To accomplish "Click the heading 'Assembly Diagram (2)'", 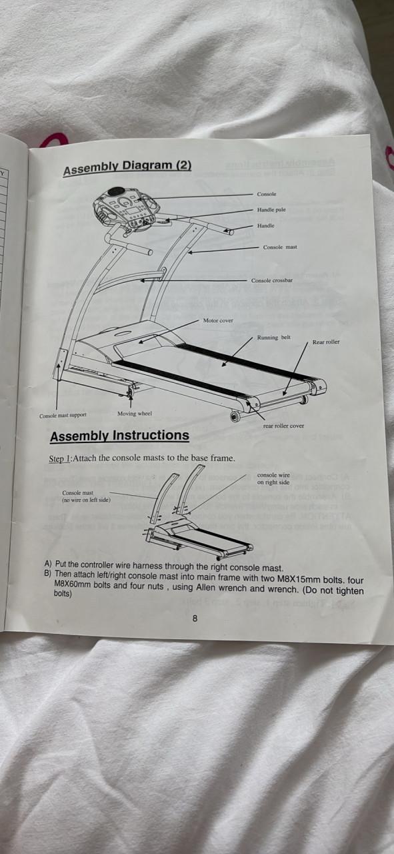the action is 127,167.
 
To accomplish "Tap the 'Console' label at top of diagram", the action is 267,194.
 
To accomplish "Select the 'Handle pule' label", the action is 271,210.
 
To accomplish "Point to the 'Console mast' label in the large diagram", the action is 280,247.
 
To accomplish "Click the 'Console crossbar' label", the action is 272,281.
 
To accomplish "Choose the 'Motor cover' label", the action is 218,321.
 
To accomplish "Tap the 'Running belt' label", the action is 273,338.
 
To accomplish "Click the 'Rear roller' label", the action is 326,342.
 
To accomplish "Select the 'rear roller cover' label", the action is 283,426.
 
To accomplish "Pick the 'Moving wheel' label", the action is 135,414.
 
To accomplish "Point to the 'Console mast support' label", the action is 63,415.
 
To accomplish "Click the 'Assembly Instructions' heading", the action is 119,436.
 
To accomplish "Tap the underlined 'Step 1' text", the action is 60,458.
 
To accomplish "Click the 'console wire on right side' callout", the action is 273,479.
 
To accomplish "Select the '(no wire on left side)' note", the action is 86,500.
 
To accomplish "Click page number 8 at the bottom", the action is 195,618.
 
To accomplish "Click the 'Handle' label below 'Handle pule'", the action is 265,226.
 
